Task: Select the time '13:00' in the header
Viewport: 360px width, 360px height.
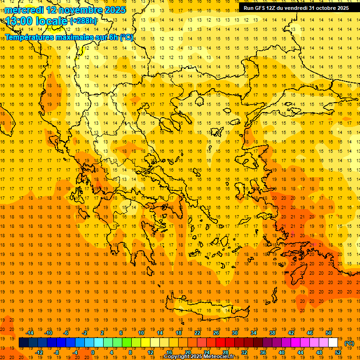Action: [20, 21]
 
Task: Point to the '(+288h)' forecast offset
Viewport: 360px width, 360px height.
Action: [83, 21]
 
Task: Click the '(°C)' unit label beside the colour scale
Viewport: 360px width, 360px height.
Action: [349, 343]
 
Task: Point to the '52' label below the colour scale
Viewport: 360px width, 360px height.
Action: [338, 352]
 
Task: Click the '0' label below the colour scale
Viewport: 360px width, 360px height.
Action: [93, 352]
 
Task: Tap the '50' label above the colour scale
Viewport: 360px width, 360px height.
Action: [329, 333]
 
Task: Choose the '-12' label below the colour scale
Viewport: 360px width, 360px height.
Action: [39, 352]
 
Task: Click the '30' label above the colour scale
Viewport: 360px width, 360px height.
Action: [234, 333]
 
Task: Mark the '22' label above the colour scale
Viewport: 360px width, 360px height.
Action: [197, 333]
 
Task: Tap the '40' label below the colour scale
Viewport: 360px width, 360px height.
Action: [282, 352]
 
